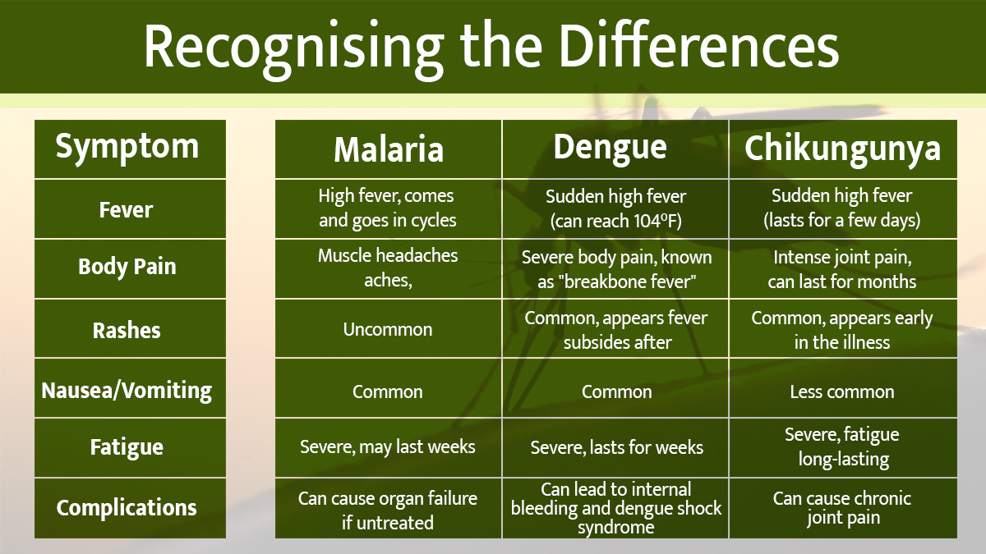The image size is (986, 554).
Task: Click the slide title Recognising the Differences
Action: click(x=491, y=46)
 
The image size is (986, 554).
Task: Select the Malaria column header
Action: click(x=388, y=149)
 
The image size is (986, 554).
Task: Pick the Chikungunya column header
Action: click(x=842, y=149)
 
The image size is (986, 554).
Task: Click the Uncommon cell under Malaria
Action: click(x=388, y=330)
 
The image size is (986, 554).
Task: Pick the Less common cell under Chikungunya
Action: click(x=842, y=392)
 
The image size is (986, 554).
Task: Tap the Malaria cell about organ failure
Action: click(x=388, y=510)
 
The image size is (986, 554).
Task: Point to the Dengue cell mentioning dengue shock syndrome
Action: click(x=616, y=509)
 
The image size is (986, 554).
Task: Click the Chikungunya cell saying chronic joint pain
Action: click(x=842, y=508)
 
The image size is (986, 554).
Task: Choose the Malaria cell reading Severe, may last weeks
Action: click(x=388, y=447)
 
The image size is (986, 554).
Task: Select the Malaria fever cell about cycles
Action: click(x=388, y=208)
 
